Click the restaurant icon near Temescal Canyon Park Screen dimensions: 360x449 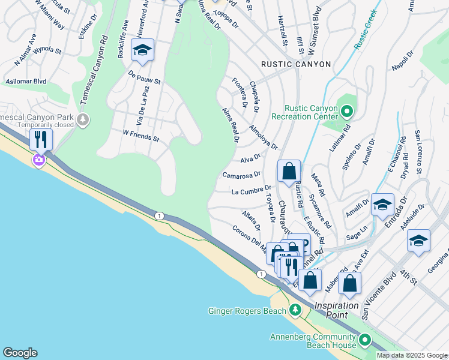click(41, 139)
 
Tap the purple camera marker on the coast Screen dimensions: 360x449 click(39, 159)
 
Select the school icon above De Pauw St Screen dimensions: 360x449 click(143, 50)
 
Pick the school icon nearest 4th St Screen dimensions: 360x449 click(418, 241)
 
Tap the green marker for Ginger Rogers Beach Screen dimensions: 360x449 click(295, 310)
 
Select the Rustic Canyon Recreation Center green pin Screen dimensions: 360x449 click(346, 112)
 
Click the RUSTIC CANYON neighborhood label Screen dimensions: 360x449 click(295, 64)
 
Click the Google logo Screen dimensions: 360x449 click(20, 352)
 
